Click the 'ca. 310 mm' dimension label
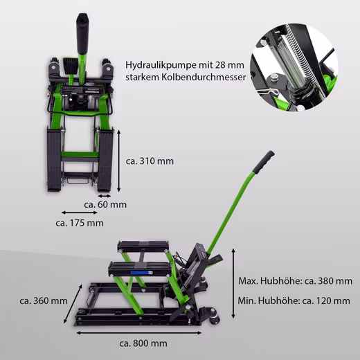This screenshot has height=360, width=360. pos(150,161)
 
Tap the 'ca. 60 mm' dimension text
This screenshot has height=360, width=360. pos(105,204)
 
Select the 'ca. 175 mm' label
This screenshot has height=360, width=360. pos(80,223)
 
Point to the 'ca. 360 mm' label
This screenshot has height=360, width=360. pos(44,300)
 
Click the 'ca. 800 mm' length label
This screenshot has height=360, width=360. pos(143,343)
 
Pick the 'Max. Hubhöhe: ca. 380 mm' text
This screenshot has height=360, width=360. pos(296,281)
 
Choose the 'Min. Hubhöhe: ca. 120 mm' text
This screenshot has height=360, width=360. pos(294,300)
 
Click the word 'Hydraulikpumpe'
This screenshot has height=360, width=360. pos(158,65)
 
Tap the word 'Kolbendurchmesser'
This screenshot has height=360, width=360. pos(204,77)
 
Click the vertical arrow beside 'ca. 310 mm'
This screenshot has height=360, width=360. pos(119,161)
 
